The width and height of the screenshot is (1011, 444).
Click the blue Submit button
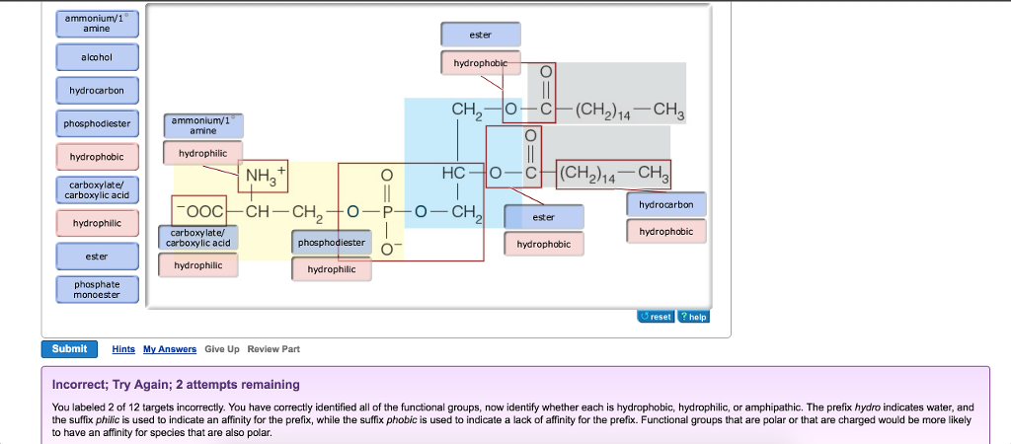[69, 348]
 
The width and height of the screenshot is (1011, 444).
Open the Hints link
[123, 349]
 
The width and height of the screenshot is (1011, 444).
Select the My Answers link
[170, 349]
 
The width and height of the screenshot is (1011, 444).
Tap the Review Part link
[273, 349]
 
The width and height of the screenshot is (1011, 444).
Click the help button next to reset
[693, 317]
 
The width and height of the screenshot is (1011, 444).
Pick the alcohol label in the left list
[97, 58]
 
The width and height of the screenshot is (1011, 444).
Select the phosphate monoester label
[97, 289]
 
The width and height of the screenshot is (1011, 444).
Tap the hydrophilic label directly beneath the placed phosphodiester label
[331, 268]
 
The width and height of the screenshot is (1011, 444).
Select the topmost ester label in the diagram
[480, 35]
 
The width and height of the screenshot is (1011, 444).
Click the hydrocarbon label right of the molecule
[666, 205]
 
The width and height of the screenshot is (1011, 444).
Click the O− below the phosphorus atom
[389, 247]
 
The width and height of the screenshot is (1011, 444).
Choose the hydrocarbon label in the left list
[97, 91]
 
